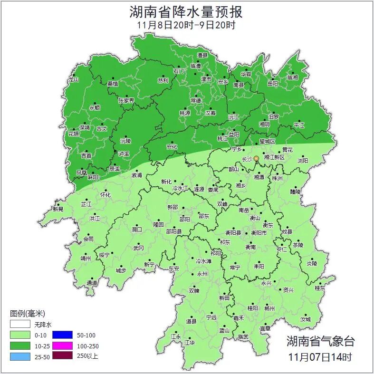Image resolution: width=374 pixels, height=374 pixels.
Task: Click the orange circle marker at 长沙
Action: tap(257, 158)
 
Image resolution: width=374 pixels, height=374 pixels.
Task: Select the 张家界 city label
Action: tap(126, 100)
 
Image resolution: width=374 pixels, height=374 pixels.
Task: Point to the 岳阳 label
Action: tap(272, 84)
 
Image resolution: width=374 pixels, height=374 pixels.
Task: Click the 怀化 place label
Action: tap(105, 195)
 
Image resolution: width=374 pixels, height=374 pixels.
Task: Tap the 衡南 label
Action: tap(250, 247)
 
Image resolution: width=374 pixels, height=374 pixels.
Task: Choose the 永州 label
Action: tap(202, 274)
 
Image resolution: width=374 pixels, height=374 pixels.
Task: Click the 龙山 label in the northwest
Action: tap(73, 80)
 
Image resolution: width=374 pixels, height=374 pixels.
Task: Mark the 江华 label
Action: tap(190, 342)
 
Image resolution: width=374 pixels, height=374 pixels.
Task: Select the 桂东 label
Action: tap(320, 288)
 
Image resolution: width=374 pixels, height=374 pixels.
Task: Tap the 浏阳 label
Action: tap(303, 161)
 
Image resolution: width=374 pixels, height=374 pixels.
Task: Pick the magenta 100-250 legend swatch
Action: tap(62, 346)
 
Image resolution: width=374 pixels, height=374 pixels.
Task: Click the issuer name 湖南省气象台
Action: tap(320, 341)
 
